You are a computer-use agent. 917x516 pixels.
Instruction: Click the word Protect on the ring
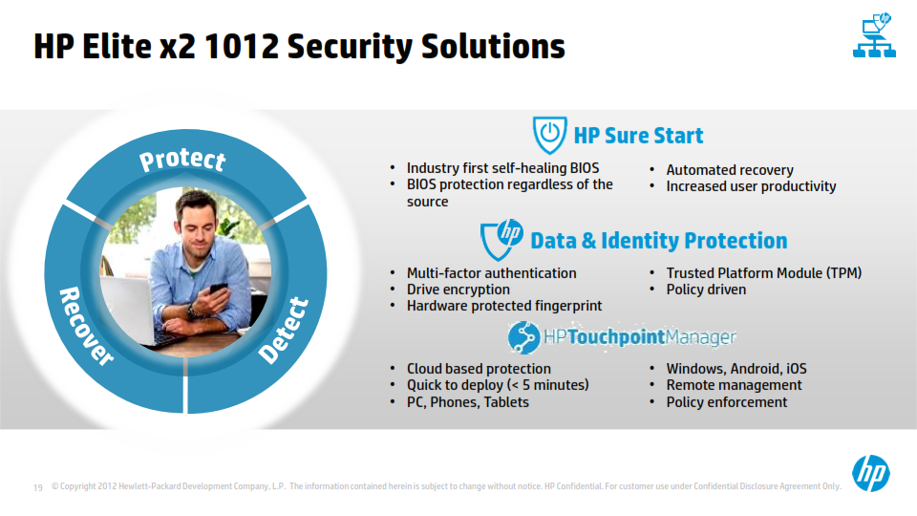coord(182,160)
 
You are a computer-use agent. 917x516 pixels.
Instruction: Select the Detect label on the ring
coord(284,330)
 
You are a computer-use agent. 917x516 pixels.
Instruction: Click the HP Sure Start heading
coord(638,136)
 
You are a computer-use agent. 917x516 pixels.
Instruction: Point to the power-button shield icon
coord(549,135)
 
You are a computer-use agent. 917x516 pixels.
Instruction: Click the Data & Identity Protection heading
coord(658,241)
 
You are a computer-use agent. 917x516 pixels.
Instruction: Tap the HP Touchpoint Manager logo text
coord(640,337)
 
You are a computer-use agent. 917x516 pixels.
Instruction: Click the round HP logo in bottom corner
coord(871,473)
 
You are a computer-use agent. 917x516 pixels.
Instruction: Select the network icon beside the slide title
coord(874,35)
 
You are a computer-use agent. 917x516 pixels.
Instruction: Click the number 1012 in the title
coord(242,46)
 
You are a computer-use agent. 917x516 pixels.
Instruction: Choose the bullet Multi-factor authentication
coord(491,273)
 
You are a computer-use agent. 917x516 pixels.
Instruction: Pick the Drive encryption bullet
coord(458,290)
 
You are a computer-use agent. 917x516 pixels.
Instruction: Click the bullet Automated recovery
coord(730,170)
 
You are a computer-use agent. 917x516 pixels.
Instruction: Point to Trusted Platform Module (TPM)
coord(764,273)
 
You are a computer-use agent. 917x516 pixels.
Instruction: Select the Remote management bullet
coord(734,385)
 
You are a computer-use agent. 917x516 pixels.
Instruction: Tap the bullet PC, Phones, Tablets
coord(468,402)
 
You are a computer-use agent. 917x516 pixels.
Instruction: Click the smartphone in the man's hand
coord(218,289)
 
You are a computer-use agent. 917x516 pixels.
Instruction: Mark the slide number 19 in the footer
coord(38,487)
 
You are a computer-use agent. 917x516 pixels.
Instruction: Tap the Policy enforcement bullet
coord(726,402)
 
